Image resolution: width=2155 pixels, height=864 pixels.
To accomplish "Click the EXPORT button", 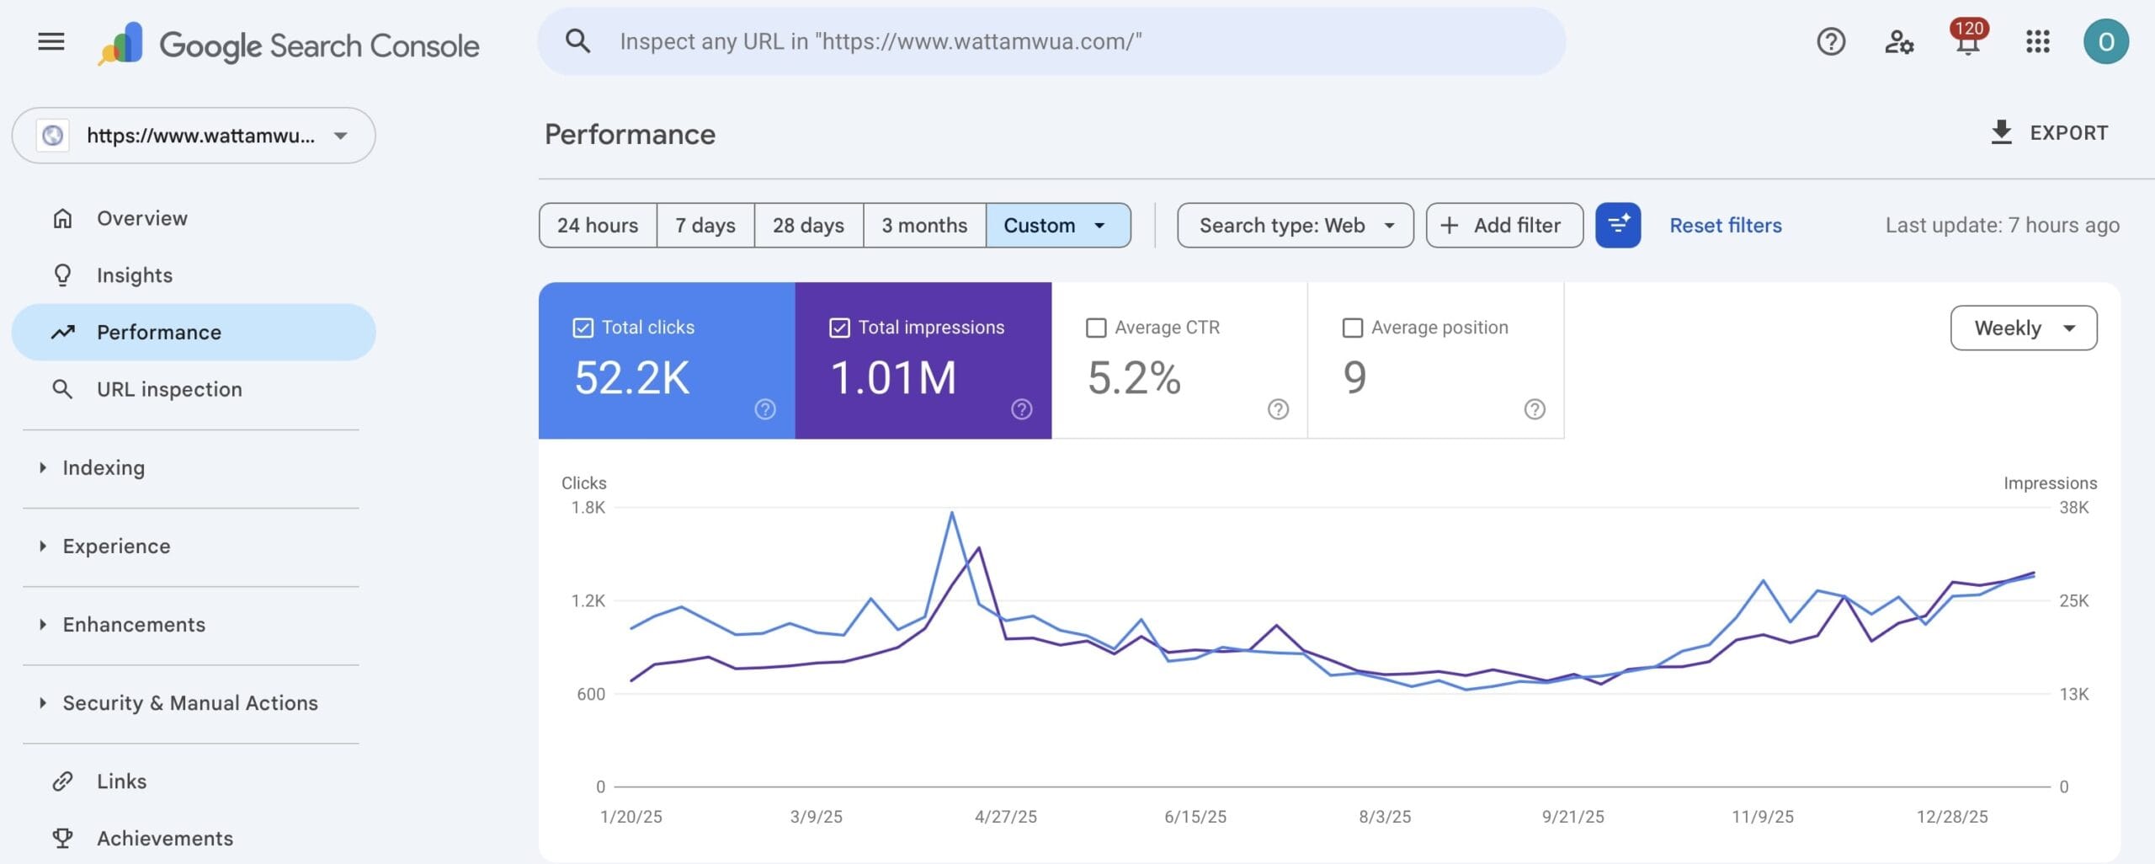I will [2049, 133].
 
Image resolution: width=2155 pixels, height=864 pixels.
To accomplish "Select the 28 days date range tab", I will [808, 226].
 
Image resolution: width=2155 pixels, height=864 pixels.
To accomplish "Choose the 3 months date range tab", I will [923, 226].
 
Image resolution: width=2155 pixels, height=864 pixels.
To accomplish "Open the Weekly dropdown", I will [2023, 328].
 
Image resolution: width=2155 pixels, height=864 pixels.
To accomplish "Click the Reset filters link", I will [1725, 226].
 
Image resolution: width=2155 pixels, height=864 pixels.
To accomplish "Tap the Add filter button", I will [1503, 226].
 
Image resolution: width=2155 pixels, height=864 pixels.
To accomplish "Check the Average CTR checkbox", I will [1096, 328].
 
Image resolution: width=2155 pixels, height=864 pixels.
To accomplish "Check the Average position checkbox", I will [1352, 328].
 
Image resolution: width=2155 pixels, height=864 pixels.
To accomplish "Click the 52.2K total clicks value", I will [631, 377].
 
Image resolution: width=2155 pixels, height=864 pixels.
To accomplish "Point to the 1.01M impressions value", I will [893, 377].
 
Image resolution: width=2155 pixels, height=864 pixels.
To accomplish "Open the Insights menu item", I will [135, 275].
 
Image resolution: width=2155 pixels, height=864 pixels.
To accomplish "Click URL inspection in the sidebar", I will [169, 389].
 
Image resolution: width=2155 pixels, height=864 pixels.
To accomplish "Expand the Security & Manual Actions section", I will [189, 703].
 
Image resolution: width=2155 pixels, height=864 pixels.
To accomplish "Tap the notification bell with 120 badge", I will [1966, 42].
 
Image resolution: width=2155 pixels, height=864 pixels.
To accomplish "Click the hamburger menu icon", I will [51, 41].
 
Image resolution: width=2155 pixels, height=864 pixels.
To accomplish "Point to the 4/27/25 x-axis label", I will [1005, 817].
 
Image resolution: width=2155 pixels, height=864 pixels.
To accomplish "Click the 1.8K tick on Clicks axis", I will [588, 508].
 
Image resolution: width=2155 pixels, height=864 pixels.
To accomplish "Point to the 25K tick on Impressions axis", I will [2073, 601].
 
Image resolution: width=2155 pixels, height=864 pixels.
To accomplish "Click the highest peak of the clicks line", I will [951, 513].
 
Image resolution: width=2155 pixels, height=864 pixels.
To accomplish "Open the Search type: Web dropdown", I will [1294, 226].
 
